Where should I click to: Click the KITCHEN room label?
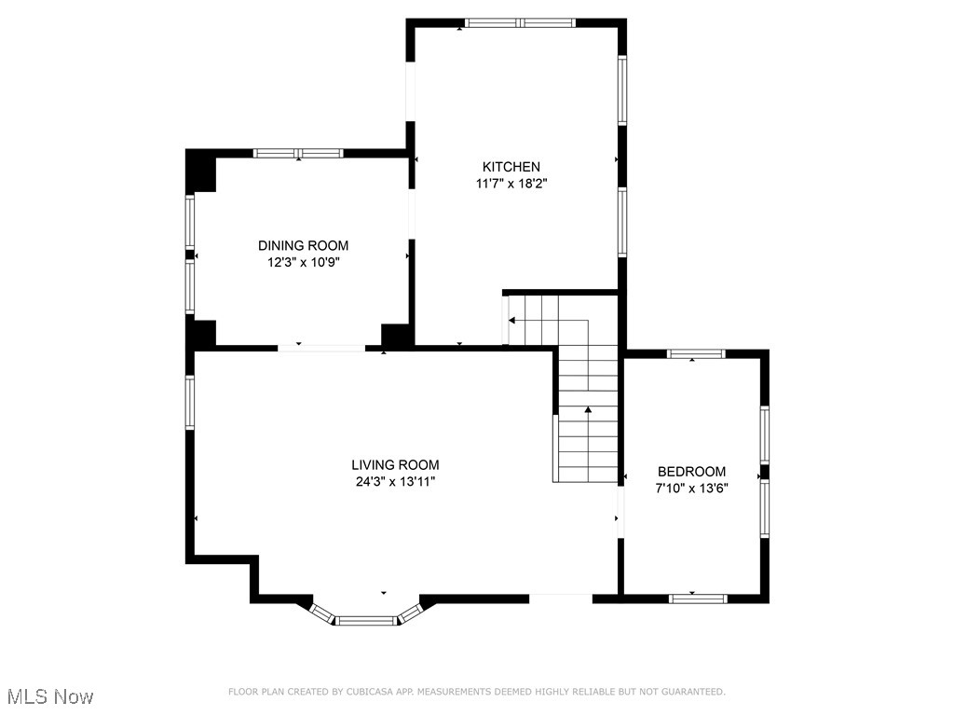511,167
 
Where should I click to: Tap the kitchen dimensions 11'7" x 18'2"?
511,184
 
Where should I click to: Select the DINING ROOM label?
303,245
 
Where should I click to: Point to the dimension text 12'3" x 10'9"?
303,262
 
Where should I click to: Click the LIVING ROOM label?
395,465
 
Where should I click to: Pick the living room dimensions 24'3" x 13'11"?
395,482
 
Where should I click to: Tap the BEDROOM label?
692,471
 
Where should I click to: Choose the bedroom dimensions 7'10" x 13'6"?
692,488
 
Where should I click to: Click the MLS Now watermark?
50,696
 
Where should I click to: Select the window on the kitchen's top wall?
520,23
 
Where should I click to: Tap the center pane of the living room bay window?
365,621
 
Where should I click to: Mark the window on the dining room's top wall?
298,153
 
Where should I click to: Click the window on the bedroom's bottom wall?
698,599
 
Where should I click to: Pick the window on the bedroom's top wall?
696,353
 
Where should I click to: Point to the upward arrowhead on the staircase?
588,410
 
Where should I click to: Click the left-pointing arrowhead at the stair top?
512,321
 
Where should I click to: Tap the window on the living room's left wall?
190,403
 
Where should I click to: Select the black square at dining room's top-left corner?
201,171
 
